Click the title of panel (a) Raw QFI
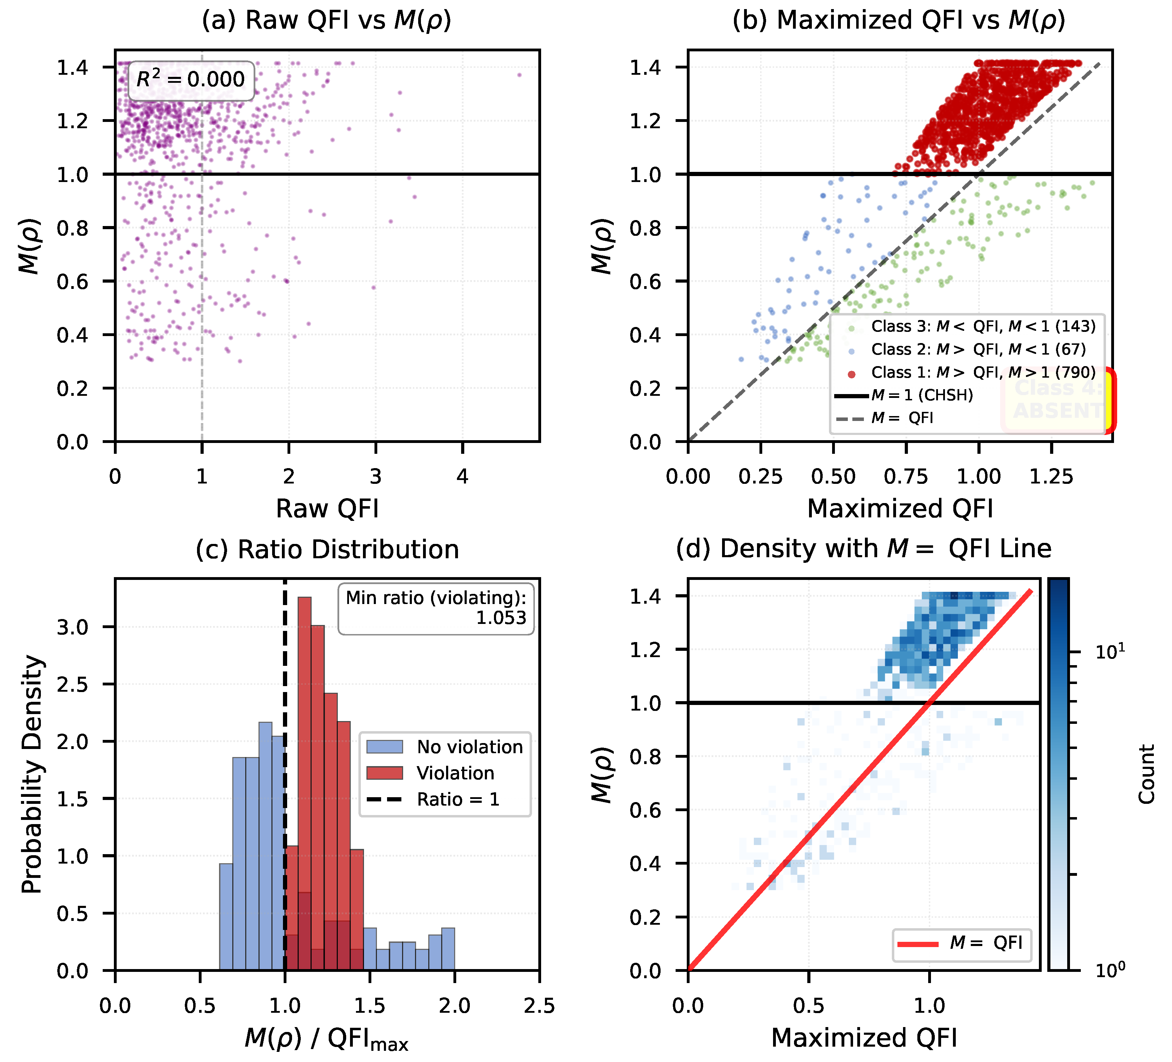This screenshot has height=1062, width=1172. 327,20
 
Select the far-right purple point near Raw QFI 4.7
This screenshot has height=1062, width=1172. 519,75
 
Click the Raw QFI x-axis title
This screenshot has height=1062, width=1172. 327,509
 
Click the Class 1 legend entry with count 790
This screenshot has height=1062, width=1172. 982,373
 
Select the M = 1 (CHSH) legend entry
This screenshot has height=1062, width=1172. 922,395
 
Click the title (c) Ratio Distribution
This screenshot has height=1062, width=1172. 327,549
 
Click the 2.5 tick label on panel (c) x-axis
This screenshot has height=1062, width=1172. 539,1006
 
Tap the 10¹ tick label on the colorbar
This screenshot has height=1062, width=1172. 1109,652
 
